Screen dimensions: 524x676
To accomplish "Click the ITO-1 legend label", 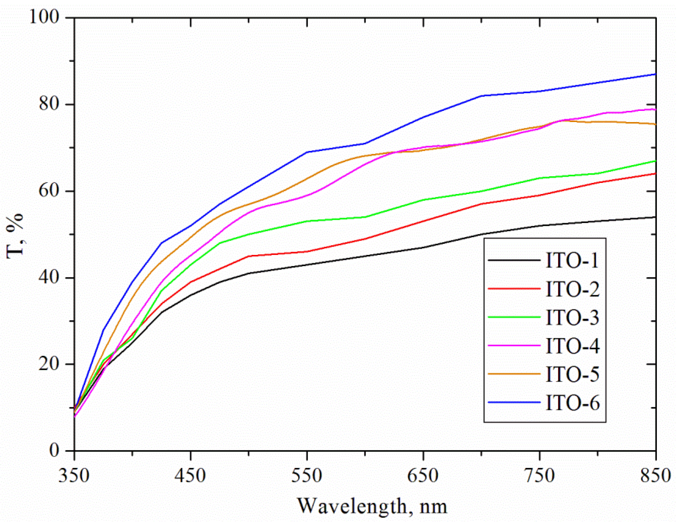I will (572, 260).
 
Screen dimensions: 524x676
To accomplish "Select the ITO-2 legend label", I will (572, 289).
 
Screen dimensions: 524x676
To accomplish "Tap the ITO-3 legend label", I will (572, 317).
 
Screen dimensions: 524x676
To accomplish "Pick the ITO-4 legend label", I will (572, 346).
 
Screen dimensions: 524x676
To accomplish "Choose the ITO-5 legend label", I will (572, 374).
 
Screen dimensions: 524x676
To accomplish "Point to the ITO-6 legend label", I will (572, 403).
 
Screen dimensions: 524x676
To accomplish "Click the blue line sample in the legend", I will (514, 402).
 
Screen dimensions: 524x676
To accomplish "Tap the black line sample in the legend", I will (514, 260).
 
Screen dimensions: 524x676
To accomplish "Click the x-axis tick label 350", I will (74, 476).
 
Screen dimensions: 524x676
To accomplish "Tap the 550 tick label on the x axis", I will (307, 476).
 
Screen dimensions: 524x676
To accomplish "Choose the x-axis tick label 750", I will (539, 476).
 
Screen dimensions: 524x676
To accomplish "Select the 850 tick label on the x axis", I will (655, 476).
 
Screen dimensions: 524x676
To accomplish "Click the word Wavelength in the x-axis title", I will (352, 506).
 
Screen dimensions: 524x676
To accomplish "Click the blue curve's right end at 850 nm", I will (655, 74).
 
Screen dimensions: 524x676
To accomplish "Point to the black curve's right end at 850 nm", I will (655, 217).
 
